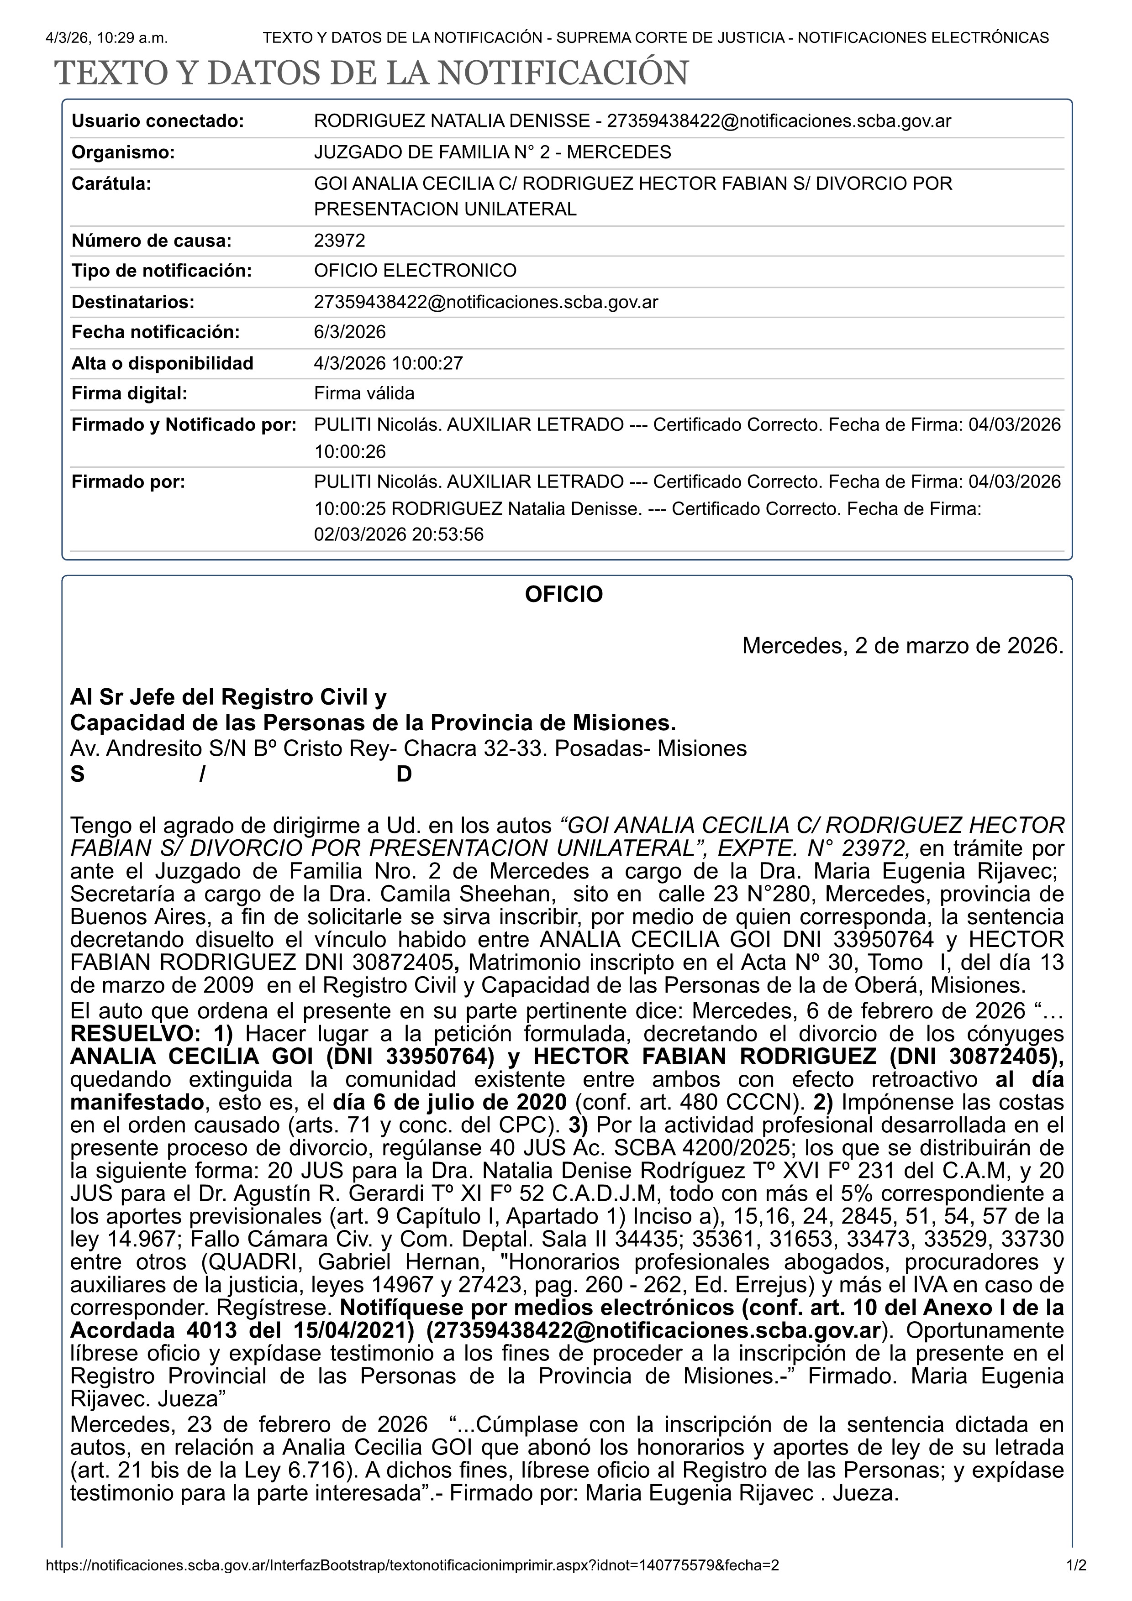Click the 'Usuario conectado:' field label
(x=158, y=121)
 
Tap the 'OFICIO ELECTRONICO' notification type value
(x=415, y=271)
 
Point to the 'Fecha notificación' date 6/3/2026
(x=349, y=332)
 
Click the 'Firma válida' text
(x=364, y=393)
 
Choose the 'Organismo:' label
(x=123, y=152)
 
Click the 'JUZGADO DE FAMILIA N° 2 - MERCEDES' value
(x=492, y=152)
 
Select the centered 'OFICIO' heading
(x=563, y=594)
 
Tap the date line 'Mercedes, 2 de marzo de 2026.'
(x=902, y=646)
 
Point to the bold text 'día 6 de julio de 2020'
(x=450, y=1103)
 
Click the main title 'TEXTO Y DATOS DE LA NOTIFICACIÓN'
(x=371, y=73)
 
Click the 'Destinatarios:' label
(x=132, y=302)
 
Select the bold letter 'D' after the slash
(x=404, y=774)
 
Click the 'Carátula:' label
(x=111, y=184)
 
